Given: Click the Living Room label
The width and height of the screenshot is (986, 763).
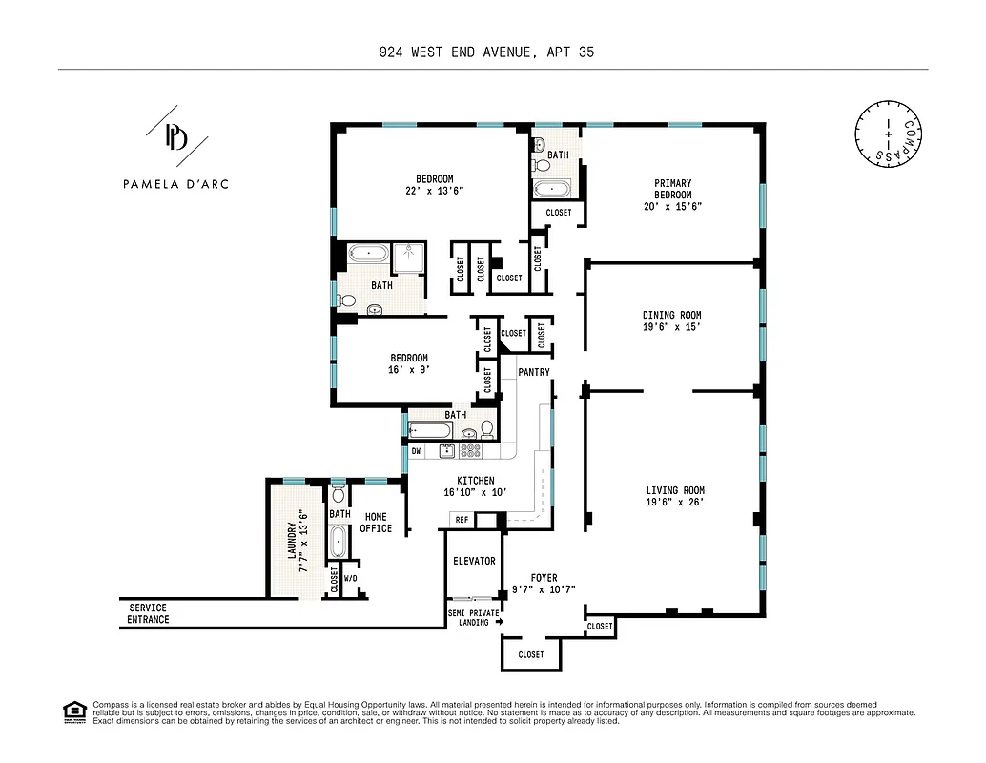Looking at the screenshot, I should click(674, 490).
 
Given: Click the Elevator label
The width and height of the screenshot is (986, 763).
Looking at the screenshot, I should click(474, 561).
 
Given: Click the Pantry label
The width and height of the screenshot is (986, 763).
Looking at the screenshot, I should click(534, 372).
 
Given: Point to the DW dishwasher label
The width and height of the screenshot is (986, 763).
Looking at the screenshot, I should click(416, 450).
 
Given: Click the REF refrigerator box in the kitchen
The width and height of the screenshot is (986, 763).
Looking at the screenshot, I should click(462, 520).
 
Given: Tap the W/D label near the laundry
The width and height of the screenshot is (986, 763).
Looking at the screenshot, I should click(350, 578).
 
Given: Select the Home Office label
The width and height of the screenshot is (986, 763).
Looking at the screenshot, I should click(376, 522).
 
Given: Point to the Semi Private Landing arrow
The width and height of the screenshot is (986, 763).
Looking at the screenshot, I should click(499, 622).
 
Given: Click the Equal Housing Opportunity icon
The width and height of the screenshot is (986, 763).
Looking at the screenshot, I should click(72, 710).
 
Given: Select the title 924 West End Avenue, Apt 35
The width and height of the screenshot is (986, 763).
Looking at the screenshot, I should click(486, 52).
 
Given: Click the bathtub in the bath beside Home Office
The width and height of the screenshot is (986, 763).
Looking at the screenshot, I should click(338, 544).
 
